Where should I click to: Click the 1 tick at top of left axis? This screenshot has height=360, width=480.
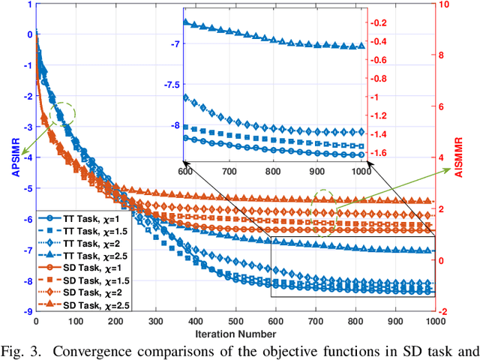click(x=29, y=4)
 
